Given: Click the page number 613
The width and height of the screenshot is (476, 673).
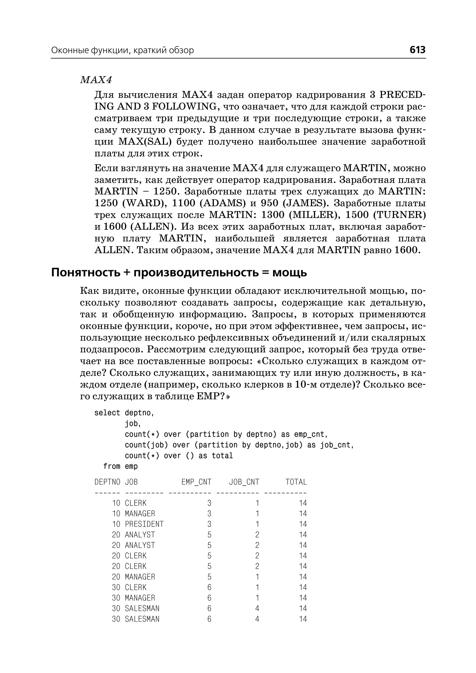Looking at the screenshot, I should point(417,50).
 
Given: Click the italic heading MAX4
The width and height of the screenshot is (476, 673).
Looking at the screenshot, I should point(96,80).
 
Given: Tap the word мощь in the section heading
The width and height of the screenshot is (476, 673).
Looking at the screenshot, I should point(290,273).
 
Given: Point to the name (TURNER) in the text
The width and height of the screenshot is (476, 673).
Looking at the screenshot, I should point(399,215).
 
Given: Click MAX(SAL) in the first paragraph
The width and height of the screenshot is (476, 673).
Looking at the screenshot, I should point(145,142).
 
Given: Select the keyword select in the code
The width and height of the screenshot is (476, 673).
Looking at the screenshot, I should point(107,413).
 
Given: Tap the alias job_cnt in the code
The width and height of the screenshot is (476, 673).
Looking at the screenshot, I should point(335,445).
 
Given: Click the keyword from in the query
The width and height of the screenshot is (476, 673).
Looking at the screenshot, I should point(111,466).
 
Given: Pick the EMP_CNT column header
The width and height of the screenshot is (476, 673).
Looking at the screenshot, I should point(196,482).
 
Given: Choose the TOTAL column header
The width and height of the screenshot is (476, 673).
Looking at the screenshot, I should point(296,482).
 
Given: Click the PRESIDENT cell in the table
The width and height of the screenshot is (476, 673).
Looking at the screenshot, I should point(144,524).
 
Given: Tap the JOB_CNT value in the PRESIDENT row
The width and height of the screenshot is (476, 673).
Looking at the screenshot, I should point(257,524).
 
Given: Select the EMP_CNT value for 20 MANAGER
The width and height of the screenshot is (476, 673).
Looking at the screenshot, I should point(209,577).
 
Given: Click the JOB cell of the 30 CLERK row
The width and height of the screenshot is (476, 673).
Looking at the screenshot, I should point(136,588).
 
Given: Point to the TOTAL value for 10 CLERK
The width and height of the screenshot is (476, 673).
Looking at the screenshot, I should point(303,503).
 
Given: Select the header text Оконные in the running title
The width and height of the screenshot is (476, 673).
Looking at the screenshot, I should point(69,50).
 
